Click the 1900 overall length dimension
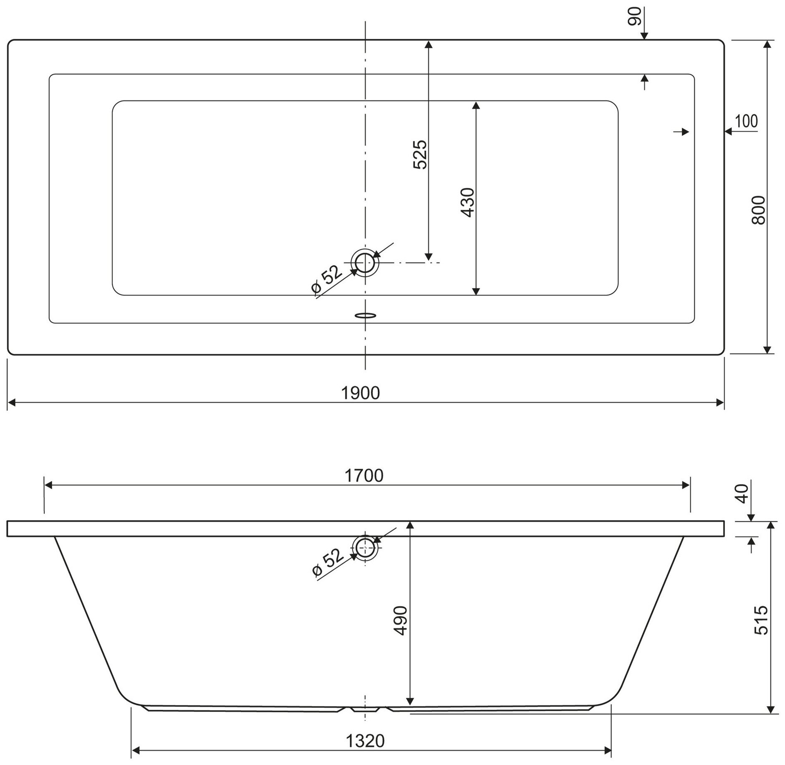click(360, 393)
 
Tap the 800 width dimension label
click(758, 210)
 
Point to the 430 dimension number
click(468, 203)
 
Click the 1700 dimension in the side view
click(364, 475)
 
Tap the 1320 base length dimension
click(365, 741)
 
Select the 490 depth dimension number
click(401, 620)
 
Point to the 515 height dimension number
click(761, 620)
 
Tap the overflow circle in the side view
click(365, 547)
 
